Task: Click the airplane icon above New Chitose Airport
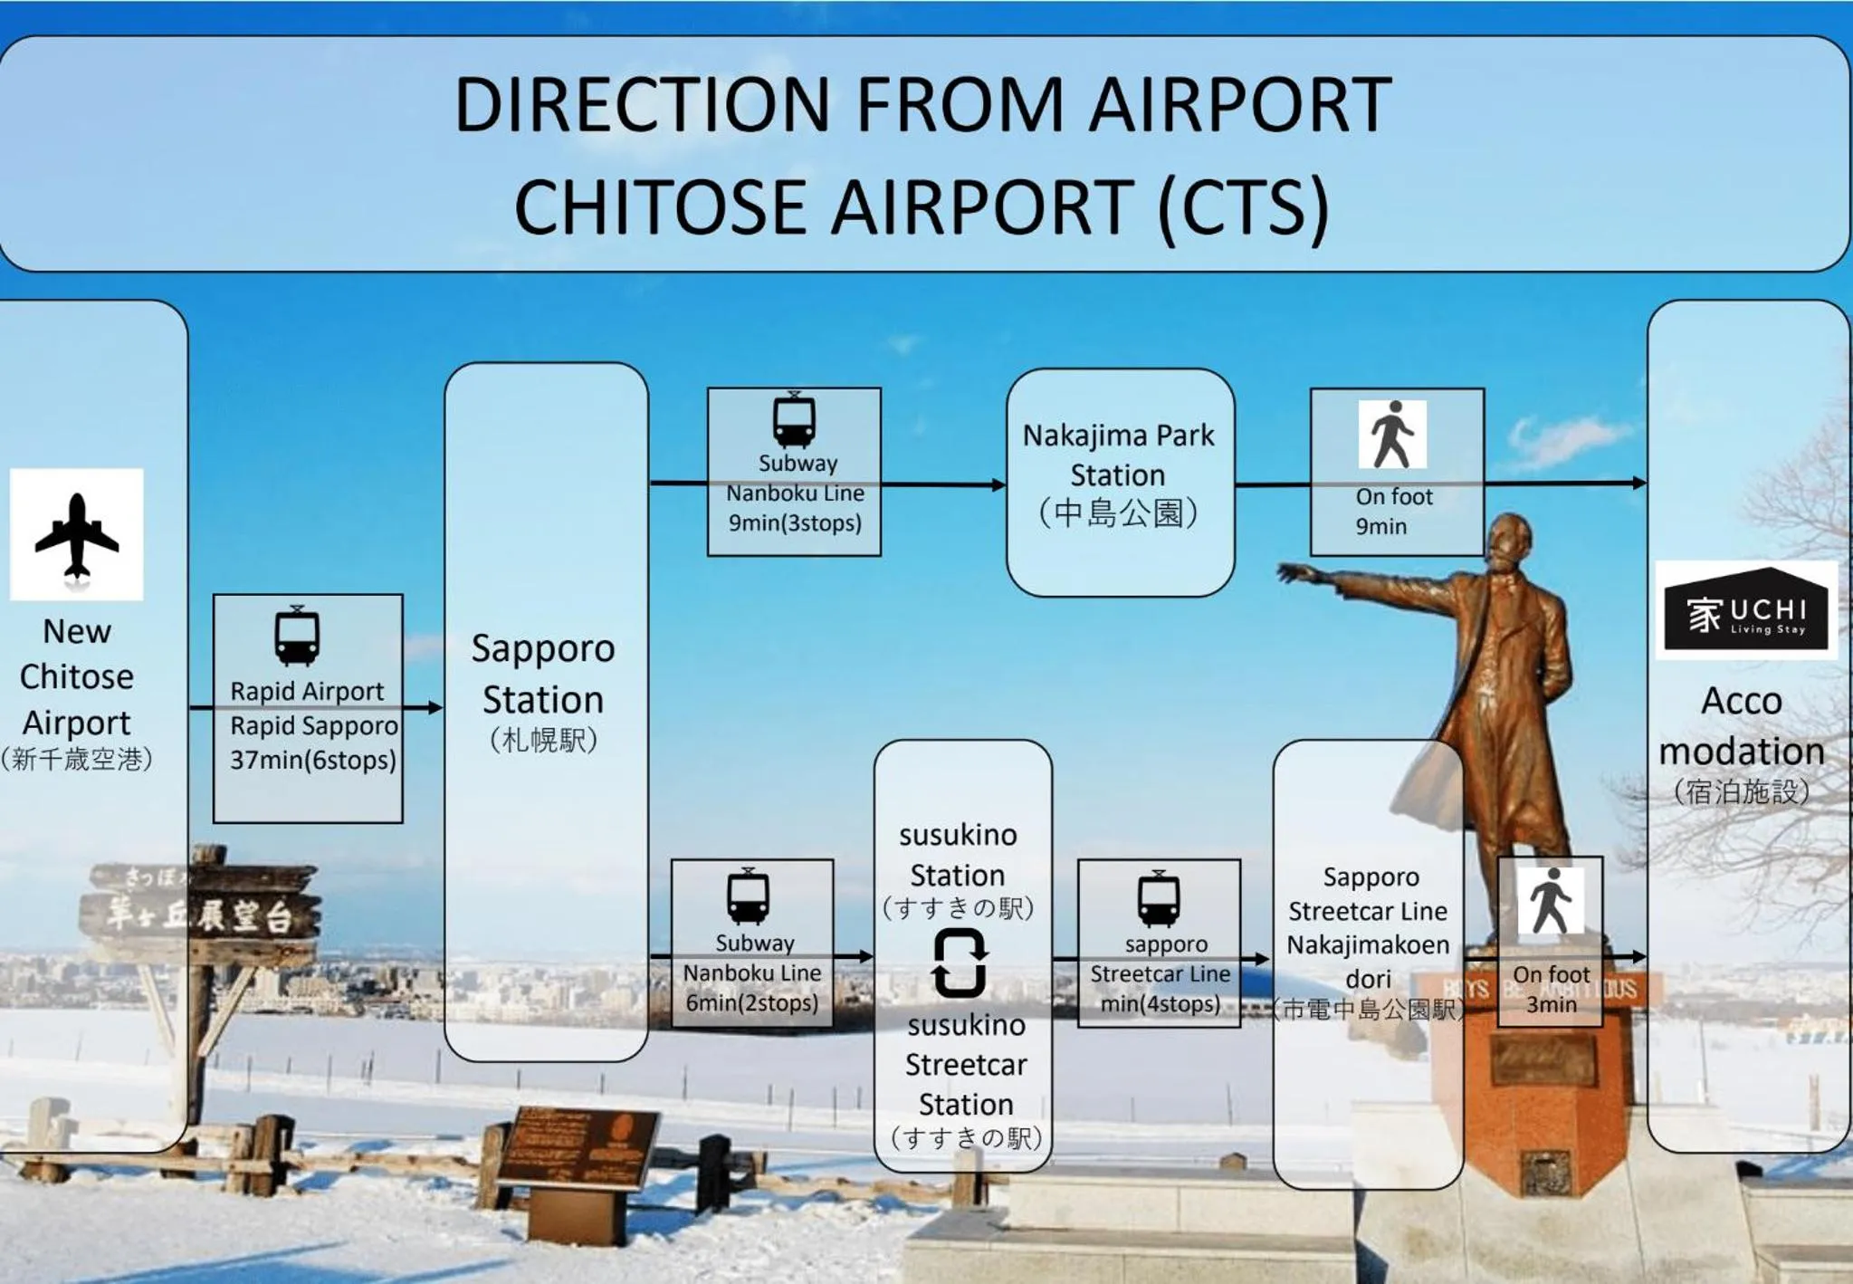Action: pos(77,534)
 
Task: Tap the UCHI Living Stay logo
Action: pos(1745,609)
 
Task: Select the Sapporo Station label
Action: pos(543,675)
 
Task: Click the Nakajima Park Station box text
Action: pos(1119,455)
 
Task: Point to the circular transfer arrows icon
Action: pos(960,963)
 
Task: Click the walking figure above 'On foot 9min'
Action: pos(1392,435)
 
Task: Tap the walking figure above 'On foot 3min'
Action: pos(1552,901)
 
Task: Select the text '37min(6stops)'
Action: pos(313,760)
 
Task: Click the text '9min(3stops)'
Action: pos(795,522)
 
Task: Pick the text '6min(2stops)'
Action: pos(751,1002)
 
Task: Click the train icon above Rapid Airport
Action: pos(297,636)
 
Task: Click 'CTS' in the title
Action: pos(1243,206)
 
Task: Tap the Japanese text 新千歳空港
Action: pos(77,759)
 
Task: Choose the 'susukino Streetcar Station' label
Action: pos(966,1065)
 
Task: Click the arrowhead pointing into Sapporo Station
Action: pos(435,707)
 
